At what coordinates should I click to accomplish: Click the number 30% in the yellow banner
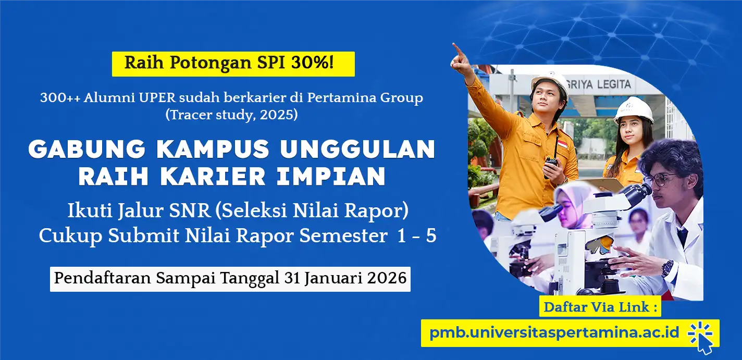(312, 63)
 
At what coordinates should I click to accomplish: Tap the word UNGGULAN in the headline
(358, 149)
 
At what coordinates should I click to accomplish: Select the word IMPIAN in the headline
(331, 176)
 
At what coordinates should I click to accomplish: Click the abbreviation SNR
(190, 210)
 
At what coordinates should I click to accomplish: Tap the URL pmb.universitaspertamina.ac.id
(554, 332)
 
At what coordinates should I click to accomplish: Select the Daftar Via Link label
(600, 307)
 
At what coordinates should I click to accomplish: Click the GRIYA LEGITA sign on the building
(611, 84)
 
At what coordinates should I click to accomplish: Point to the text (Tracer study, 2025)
(231, 115)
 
